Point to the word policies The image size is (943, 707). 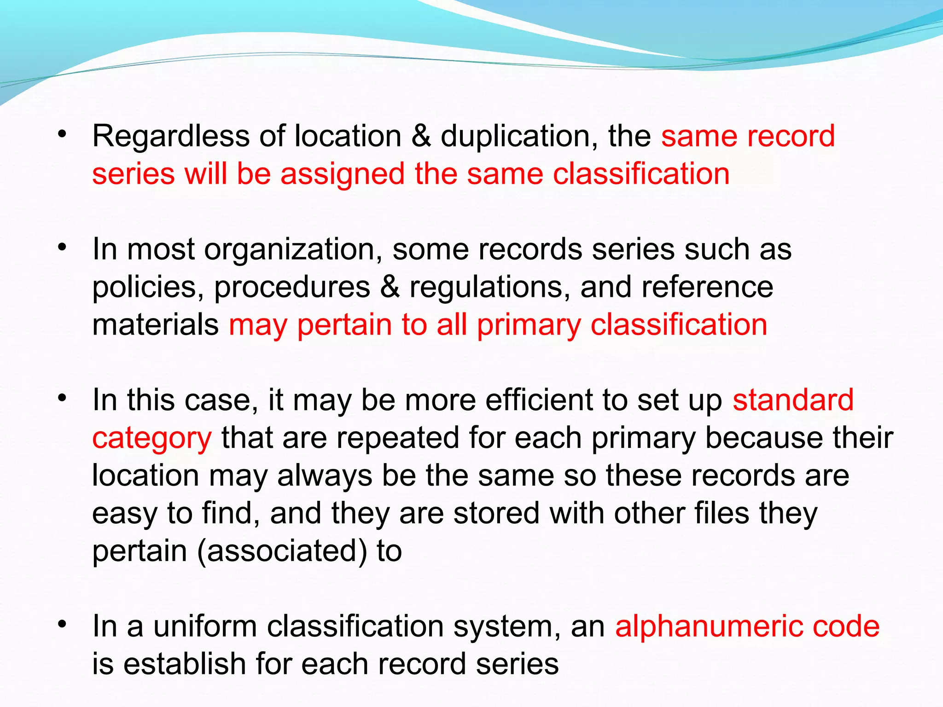[x=148, y=288]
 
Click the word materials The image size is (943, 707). [x=155, y=325]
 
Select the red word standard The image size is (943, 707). [x=793, y=400]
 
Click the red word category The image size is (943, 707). [x=152, y=439]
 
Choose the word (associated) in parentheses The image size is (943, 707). [x=282, y=551]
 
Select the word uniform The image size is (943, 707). [x=204, y=626]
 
